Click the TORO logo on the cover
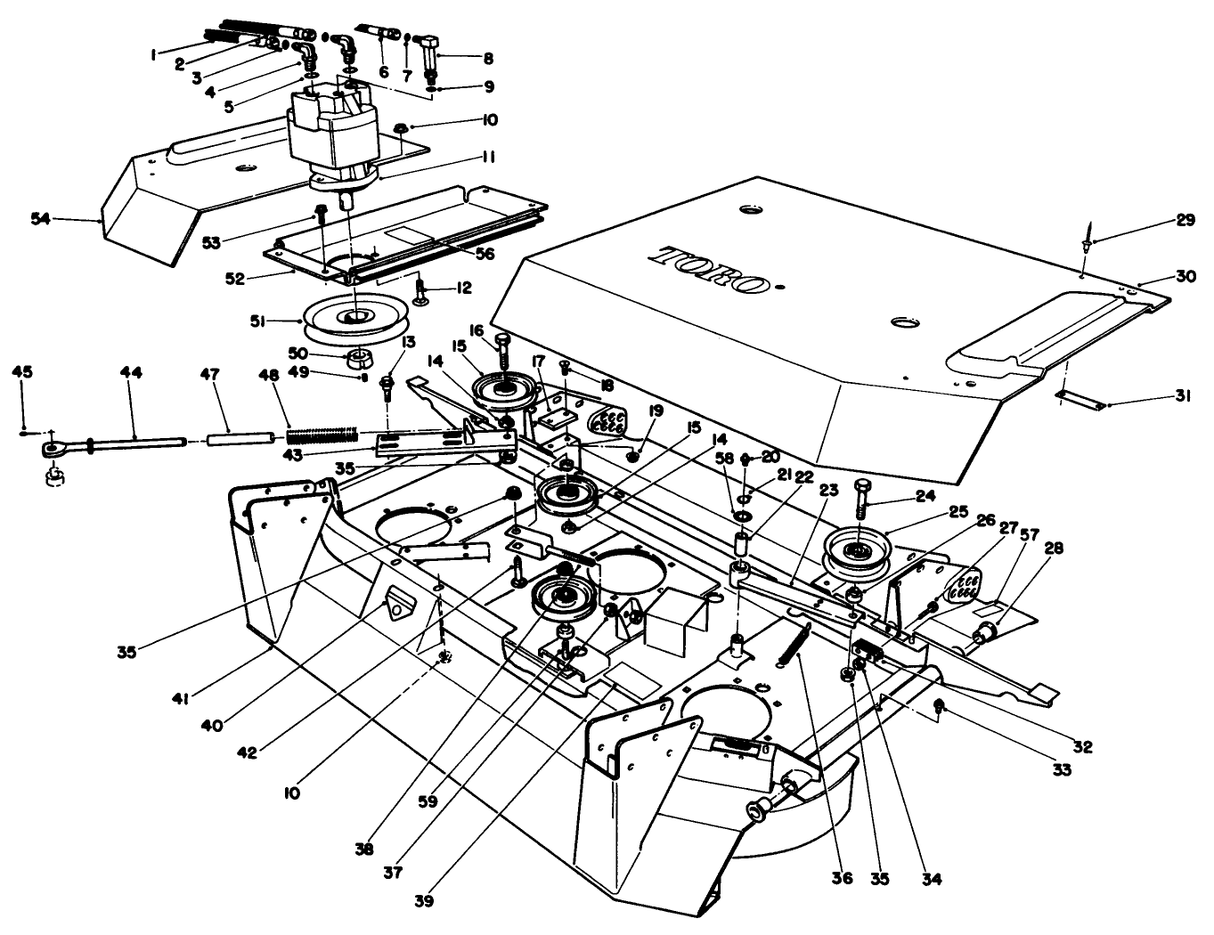coord(710,269)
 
